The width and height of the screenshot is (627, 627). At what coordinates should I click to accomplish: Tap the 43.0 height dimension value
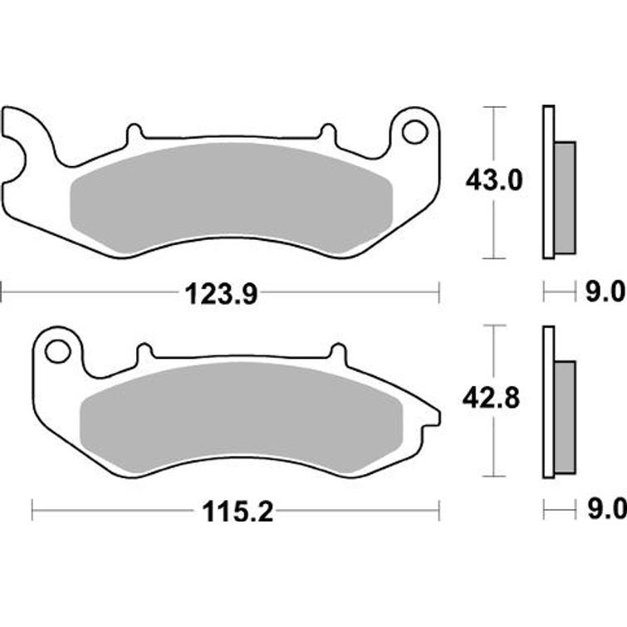pos(495,180)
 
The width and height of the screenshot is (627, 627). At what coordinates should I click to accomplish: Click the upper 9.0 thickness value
pos(605,292)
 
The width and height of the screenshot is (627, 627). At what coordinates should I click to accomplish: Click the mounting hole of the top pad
pos(414,131)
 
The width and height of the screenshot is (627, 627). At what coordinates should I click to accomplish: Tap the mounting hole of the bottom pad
pos(57,350)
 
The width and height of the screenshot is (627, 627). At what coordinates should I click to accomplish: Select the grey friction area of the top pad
pos(231,198)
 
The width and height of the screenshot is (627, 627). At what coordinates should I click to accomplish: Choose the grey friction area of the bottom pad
pos(241,419)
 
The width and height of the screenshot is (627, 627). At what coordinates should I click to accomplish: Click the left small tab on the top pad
pos(134,133)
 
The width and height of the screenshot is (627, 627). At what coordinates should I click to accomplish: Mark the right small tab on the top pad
pos(327,133)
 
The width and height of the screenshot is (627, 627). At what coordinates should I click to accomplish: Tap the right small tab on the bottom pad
pos(338,352)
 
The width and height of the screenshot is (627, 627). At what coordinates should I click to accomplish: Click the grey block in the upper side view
pos(564,198)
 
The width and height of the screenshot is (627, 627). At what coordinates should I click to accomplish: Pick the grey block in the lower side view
pos(564,417)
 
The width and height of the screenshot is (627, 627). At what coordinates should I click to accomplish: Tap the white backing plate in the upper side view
pos(547,182)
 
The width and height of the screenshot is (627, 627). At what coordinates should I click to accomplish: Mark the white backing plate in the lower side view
pos(547,402)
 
